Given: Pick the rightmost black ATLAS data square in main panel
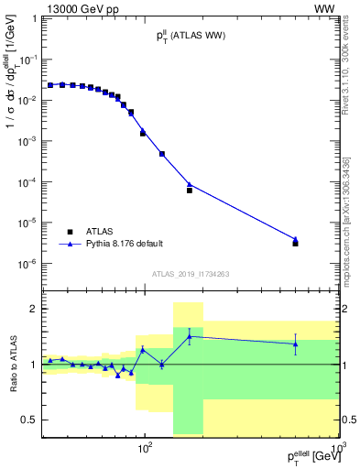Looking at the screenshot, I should pos(295,244).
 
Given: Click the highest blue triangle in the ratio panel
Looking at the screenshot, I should pos(189,336).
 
